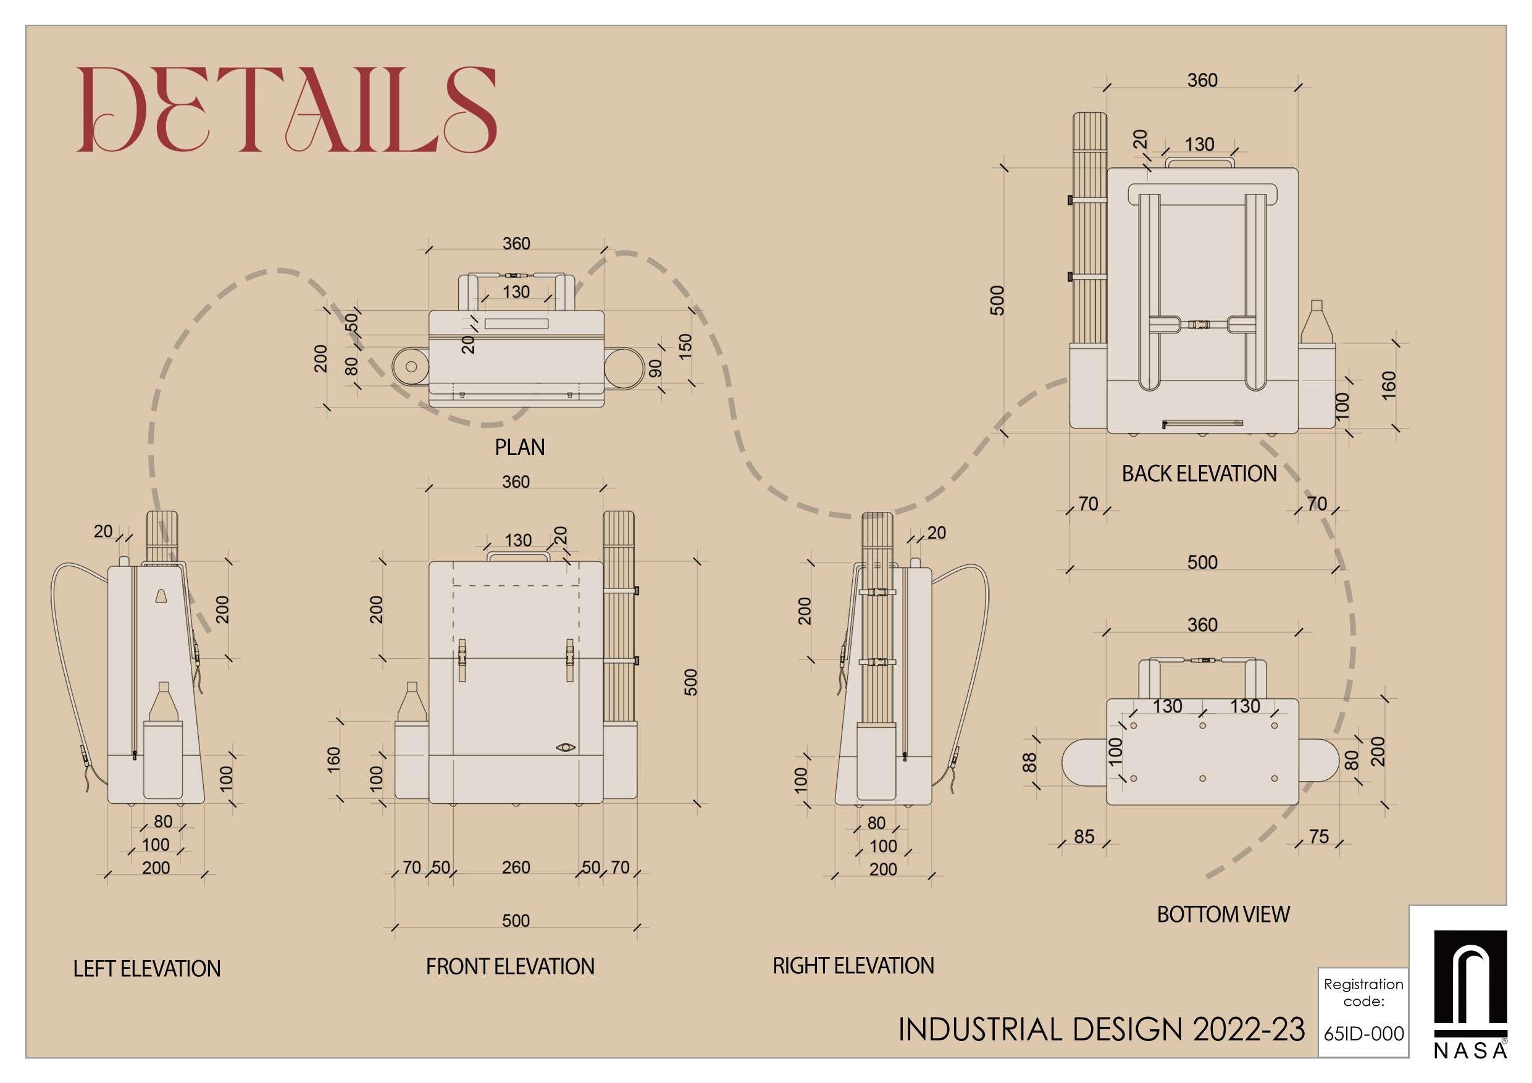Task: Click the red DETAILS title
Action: [x=287, y=110]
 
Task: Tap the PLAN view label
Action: [x=519, y=447]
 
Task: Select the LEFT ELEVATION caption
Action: [x=147, y=968]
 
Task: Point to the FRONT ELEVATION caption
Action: [x=510, y=966]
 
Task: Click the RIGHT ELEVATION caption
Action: [x=853, y=966]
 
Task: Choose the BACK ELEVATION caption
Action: [x=1199, y=474]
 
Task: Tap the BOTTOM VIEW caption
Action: [x=1223, y=914]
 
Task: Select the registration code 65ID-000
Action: [x=1364, y=1034]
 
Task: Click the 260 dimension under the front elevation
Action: [x=516, y=868]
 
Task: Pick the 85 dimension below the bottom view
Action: [x=1084, y=836]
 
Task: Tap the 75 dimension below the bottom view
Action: [x=1318, y=836]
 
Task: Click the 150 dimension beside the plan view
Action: [x=685, y=345]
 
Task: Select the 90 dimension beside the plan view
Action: [x=656, y=369]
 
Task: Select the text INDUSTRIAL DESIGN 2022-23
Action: [x=1101, y=1030]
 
